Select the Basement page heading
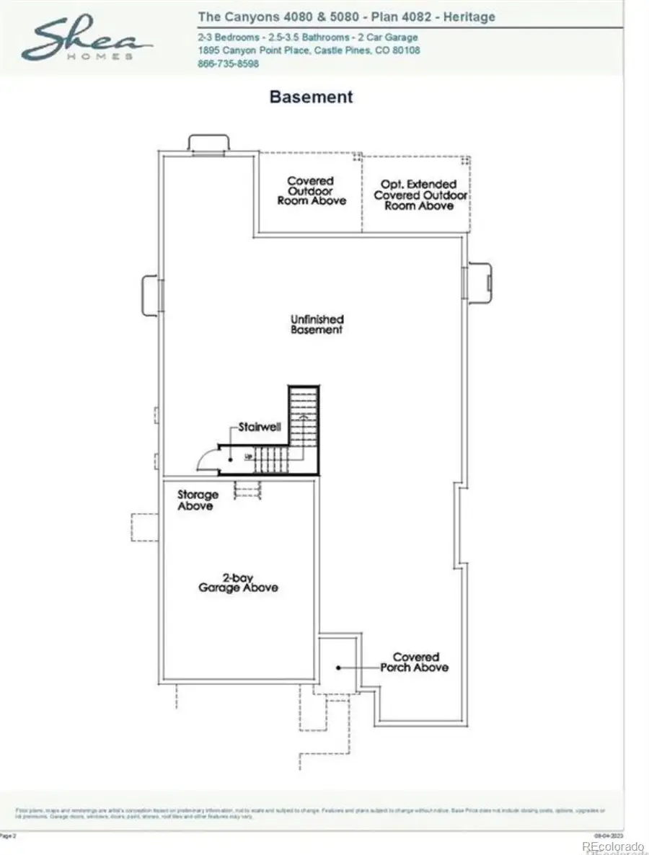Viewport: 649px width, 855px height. tap(311, 96)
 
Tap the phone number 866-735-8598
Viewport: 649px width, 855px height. tap(228, 63)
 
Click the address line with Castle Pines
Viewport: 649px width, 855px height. tap(309, 50)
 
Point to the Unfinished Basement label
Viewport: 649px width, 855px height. tap(317, 324)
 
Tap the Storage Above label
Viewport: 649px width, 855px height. tap(198, 500)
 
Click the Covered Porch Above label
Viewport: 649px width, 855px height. tap(415, 662)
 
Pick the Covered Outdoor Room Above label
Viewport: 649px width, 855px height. tap(311, 191)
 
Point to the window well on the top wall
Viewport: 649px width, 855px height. tap(209, 143)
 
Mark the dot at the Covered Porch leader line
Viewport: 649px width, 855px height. tap(337, 668)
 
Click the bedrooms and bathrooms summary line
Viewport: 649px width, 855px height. tap(307, 37)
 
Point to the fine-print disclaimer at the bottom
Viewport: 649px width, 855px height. tap(310, 813)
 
